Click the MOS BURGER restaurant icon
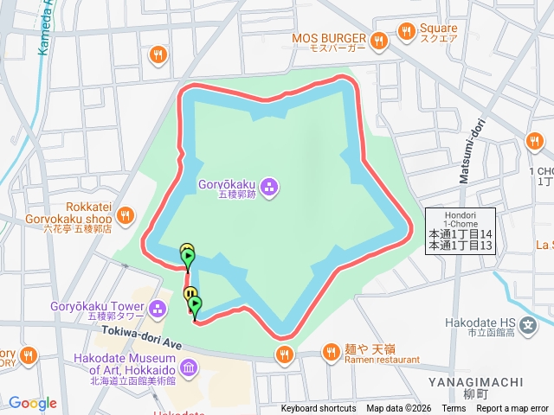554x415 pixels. click(378, 41)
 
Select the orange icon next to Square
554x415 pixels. click(406, 32)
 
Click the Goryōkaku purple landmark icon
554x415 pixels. click(269, 185)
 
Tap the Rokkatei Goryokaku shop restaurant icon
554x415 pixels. click(126, 214)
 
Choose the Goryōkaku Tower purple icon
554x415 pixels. click(157, 308)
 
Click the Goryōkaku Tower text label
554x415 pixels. click(97, 307)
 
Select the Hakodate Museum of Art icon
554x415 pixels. click(188, 367)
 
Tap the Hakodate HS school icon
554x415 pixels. click(528, 323)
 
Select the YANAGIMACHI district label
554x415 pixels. click(475, 381)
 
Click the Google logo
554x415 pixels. click(32, 403)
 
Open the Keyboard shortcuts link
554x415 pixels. click(318, 409)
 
